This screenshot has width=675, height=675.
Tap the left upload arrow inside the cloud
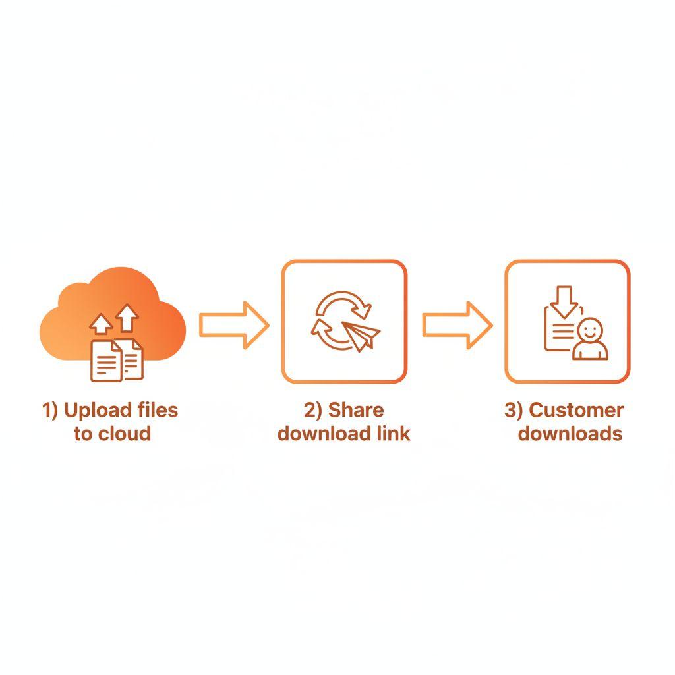[x=101, y=324]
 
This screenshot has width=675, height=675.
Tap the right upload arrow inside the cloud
[x=128, y=318]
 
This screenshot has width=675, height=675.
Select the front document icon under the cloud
[x=105, y=361]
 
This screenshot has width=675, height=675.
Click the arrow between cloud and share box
[x=233, y=324]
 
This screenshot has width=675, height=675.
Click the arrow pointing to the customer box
[x=456, y=324]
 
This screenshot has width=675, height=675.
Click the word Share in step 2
[x=356, y=410]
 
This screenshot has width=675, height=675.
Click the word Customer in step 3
[x=576, y=410]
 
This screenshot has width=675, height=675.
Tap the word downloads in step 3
[x=570, y=434]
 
